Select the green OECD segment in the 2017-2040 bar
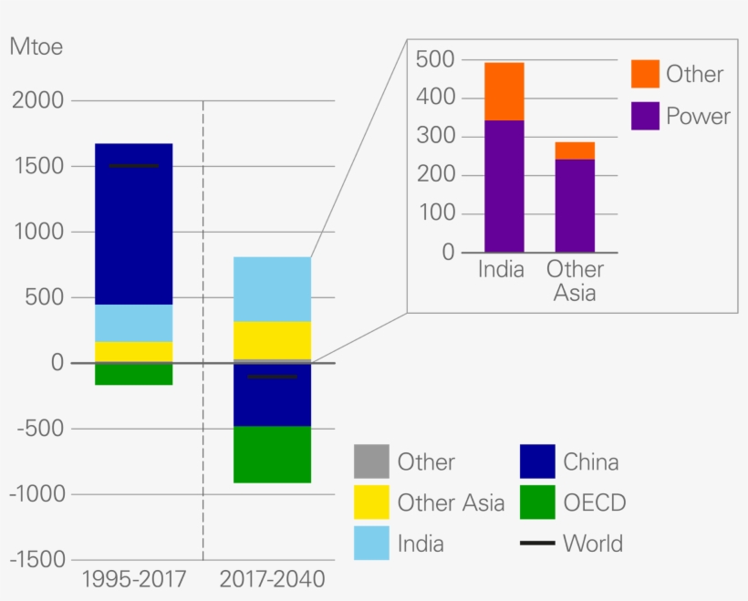(272, 454)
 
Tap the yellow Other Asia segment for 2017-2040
(272, 340)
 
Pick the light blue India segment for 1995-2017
(133, 323)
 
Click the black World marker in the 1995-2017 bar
(133, 166)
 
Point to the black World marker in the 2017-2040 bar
(272, 376)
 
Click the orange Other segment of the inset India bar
(504, 91)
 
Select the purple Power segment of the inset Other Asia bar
(575, 206)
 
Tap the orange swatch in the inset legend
(644, 74)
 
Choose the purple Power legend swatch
(644, 116)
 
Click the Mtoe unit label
(36, 47)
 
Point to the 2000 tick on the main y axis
(37, 100)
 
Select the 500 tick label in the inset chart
(434, 59)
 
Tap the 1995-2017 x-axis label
(133, 580)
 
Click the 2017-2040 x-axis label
(272, 580)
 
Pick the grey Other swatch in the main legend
(371, 461)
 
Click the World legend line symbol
(537, 544)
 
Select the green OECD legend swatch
(537, 503)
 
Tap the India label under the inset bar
(502, 271)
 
